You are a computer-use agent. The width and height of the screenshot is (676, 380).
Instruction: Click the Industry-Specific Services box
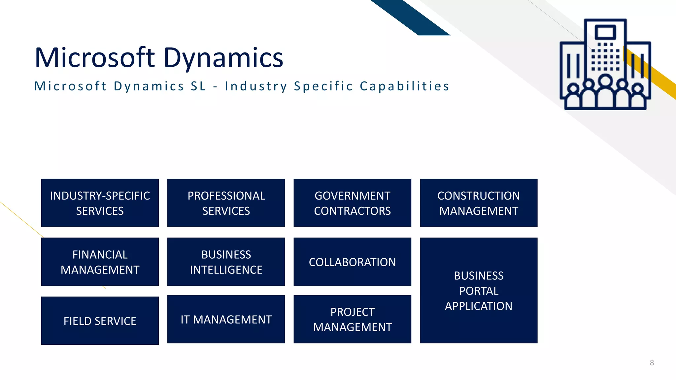(x=100, y=203)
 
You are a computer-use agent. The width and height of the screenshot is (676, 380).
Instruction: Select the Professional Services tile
(x=226, y=203)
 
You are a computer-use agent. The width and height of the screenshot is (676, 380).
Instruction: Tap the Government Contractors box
(x=352, y=203)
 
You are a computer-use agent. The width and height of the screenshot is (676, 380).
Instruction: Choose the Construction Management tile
(x=479, y=203)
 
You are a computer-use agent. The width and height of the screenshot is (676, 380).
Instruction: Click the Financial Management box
(x=100, y=262)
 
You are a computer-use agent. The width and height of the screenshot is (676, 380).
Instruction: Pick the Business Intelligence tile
(x=226, y=262)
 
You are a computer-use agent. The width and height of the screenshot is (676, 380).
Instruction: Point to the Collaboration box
(x=352, y=262)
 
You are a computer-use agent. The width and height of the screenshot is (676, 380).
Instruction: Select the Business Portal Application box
(x=479, y=290)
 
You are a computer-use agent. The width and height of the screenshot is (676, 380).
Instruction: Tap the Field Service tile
(x=100, y=321)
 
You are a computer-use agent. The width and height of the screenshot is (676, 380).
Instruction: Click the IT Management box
(x=226, y=319)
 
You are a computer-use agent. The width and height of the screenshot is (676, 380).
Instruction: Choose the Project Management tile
(x=352, y=319)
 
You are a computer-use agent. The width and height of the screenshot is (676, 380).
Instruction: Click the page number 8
(x=652, y=363)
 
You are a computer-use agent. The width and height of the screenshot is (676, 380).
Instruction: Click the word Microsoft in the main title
(x=94, y=58)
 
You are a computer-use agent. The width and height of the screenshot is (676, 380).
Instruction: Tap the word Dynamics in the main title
(x=223, y=58)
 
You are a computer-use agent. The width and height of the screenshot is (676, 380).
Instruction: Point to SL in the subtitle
(x=198, y=86)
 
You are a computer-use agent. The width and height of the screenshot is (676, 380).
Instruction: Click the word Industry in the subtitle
(x=256, y=86)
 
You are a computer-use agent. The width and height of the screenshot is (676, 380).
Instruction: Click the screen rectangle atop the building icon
(x=605, y=32)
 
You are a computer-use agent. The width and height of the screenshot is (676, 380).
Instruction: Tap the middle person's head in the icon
(x=605, y=80)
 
